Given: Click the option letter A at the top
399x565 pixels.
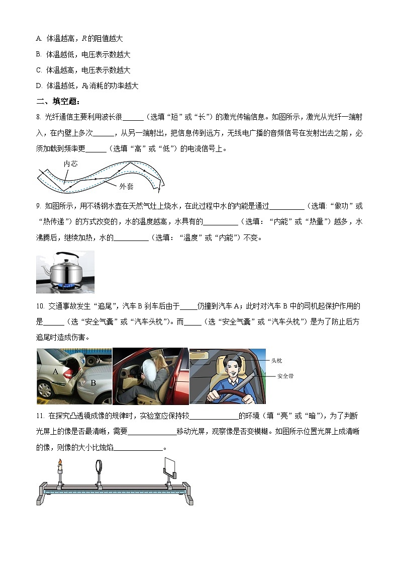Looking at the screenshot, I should (39, 38).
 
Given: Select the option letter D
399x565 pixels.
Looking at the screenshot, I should (39, 86).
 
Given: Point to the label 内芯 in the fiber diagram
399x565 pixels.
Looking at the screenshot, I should (70, 164).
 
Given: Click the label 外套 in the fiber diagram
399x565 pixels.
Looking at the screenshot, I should (126, 186).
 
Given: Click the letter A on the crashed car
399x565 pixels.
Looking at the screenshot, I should (55, 371).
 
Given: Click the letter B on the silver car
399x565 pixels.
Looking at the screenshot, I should (93, 383).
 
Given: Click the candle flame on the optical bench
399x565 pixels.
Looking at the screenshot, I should (60, 463).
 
